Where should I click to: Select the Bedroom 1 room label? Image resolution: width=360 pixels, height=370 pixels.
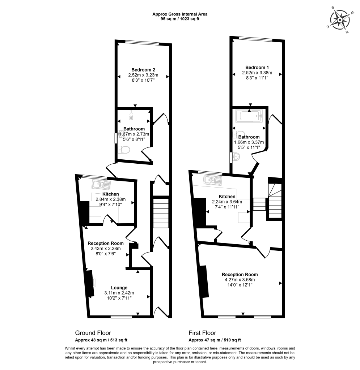tap(257, 67)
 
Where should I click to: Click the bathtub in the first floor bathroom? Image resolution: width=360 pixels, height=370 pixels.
tap(249, 116)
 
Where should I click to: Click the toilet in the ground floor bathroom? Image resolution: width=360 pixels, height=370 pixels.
tap(124, 150)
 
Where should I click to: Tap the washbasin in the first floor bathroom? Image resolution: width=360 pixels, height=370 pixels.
tap(236, 156)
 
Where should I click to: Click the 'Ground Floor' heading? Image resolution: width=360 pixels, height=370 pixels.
tap(93, 333)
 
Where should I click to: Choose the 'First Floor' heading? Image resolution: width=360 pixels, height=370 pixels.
tap(202, 333)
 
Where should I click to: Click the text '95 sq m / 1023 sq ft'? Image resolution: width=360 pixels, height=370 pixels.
tap(180, 19)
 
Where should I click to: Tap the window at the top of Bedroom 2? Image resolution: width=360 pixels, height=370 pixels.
tap(142, 43)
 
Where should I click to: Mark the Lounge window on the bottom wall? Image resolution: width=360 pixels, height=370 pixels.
tap(121, 317)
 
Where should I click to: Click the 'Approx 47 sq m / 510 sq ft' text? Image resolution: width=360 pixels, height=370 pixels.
tap(215, 340)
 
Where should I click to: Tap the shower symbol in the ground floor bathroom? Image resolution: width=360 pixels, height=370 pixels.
tap(132, 115)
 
